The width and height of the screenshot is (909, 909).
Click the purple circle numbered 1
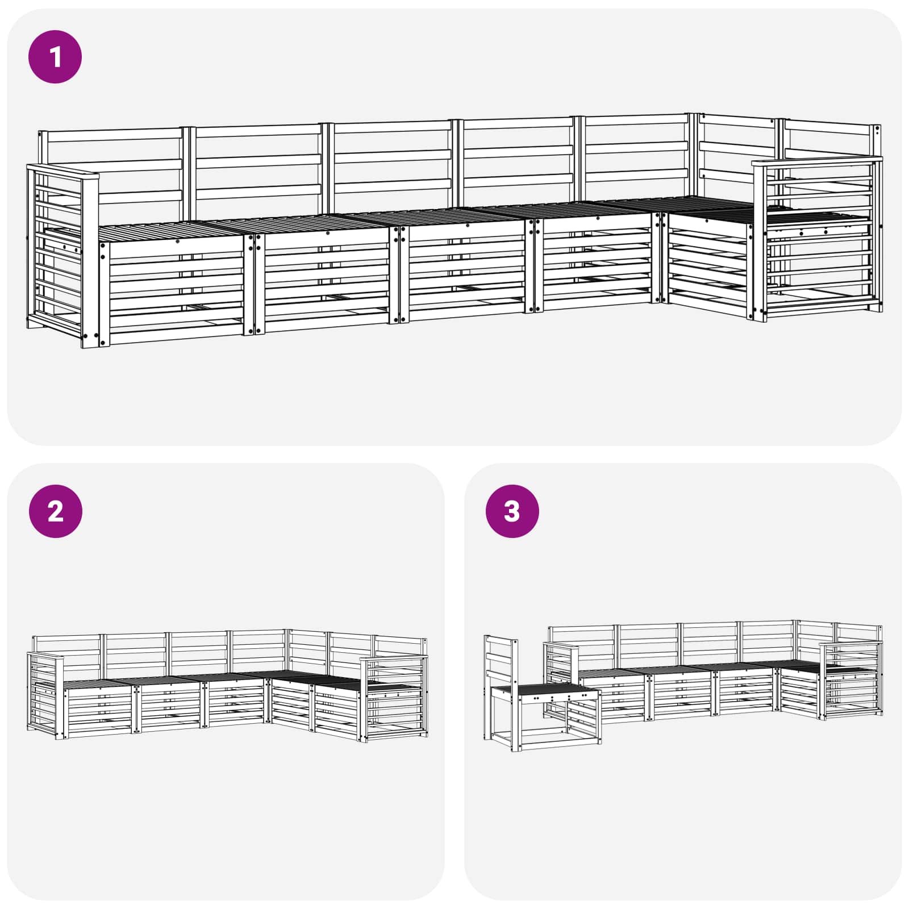tap(55, 57)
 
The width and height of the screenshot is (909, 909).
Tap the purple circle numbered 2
tap(55, 511)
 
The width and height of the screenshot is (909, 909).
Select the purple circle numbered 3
tap(512, 511)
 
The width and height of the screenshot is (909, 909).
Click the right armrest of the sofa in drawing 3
tap(851, 679)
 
